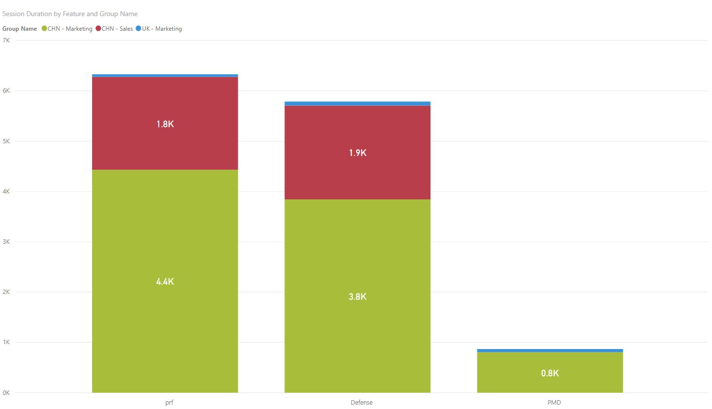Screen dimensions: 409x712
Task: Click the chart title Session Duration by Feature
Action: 70,14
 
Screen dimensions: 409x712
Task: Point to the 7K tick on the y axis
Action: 6,40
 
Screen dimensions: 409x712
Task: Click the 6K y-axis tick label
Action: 6,91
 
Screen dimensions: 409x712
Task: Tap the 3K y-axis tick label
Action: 6,242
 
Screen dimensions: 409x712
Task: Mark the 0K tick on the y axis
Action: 6,392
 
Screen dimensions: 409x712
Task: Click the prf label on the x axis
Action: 169,402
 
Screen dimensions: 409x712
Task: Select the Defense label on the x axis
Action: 361,402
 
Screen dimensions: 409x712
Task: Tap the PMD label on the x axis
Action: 554,402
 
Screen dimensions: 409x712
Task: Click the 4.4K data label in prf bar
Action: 165,281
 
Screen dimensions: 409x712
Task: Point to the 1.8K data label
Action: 165,124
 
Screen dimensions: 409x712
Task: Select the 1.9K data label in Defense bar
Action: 357,153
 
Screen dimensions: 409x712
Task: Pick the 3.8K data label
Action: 357,296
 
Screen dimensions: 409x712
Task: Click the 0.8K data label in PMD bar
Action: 550,373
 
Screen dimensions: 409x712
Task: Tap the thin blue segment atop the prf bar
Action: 165,76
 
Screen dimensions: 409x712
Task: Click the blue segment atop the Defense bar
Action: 357,103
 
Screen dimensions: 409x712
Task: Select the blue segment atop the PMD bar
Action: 550,351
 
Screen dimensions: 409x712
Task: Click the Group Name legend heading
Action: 19,29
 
